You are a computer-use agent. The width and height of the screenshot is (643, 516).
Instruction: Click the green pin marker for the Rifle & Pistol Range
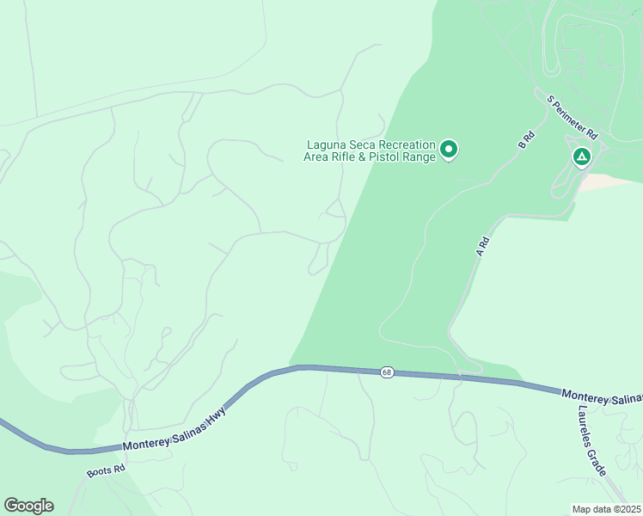click(x=448, y=150)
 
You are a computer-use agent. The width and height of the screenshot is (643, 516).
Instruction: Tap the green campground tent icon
click(x=582, y=157)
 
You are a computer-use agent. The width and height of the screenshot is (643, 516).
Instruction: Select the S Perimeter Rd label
click(x=573, y=118)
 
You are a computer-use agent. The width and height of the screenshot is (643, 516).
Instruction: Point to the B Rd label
click(x=527, y=140)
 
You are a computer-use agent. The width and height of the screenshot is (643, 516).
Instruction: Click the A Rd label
click(x=482, y=247)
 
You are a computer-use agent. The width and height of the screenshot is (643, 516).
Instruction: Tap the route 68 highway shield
click(x=387, y=372)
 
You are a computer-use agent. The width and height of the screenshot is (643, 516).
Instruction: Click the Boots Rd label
click(x=106, y=471)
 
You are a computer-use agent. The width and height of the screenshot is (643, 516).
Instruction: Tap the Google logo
click(x=28, y=506)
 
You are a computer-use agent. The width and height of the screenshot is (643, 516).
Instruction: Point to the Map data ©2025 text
click(x=607, y=508)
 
